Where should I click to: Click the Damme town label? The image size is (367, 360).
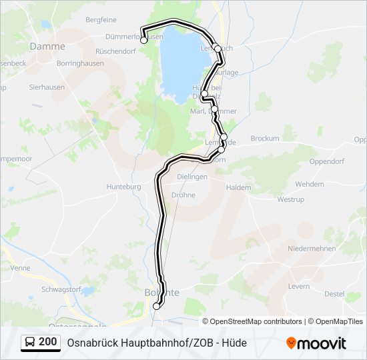click(x=47, y=47)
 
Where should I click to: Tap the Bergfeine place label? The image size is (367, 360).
click(x=101, y=20)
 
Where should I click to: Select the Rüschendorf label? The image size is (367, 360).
click(x=115, y=51)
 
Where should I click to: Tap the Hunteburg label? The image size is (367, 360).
click(x=123, y=187)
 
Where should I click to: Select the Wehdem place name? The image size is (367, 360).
click(x=310, y=183)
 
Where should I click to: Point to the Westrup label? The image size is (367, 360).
click(x=290, y=199)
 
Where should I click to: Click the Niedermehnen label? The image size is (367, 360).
click(x=311, y=248)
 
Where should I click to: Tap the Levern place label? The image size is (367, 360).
click(x=299, y=286)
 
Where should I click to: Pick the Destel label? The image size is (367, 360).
click(x=334, y=293)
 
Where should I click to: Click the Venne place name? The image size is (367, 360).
click(x=21, y=267)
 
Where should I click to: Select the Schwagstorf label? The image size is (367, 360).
click(x=61, y=289)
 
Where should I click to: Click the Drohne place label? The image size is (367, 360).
click(x=183, y=195)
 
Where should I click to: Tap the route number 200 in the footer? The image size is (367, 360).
click(x=48, y=342)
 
